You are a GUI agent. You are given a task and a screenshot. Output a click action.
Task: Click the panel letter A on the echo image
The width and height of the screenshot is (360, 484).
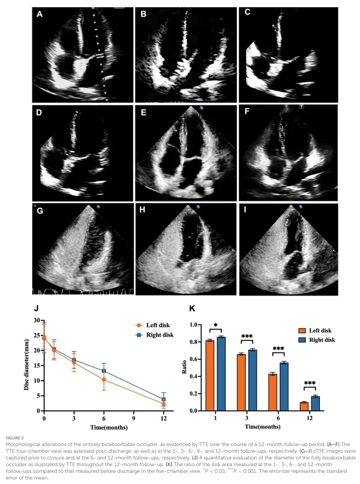click(40, 14)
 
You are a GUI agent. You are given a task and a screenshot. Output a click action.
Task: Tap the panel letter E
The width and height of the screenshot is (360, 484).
click(143, 113)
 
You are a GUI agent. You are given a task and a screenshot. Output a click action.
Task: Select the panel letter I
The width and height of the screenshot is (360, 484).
click(245, 210)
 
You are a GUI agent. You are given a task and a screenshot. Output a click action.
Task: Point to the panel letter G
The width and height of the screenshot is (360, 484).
click(40, 211)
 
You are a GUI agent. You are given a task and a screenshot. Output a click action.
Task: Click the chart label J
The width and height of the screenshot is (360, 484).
click(36, 308)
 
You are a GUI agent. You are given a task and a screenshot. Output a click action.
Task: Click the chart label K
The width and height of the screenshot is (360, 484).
click(192, 308)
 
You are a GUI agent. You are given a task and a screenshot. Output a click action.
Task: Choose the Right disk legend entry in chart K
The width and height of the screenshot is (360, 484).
click(317, 340)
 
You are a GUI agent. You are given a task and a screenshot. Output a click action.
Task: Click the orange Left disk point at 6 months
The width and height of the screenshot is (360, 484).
click(104, 380)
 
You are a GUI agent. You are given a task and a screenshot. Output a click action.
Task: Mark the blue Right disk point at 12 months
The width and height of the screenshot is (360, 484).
click(163, 399)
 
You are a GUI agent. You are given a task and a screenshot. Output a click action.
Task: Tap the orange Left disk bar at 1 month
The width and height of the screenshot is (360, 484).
click(210, 375)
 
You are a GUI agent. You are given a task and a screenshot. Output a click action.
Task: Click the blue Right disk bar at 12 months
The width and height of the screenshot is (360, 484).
click(315, 404)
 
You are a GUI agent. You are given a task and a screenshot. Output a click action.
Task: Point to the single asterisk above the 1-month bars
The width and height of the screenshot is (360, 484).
click(216, 325)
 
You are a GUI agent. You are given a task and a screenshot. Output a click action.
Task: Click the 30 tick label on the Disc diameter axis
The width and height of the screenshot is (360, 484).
click(37, 320)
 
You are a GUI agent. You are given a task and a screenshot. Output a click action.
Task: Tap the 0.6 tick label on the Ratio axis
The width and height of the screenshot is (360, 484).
click(193, 359)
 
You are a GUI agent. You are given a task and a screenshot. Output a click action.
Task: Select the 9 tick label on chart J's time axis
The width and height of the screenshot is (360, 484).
click(134, 418)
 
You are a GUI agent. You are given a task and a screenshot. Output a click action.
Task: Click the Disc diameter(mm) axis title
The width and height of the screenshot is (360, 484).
click(27, 365)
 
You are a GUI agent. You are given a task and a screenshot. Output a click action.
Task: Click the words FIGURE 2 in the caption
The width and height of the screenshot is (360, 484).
click(14, 438)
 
